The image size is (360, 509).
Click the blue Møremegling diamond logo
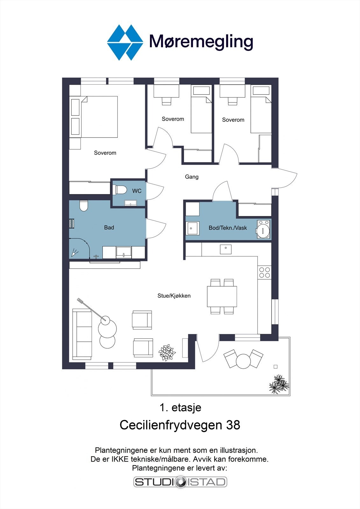tap(125, 43)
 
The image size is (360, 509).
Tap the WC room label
tap(137, 191)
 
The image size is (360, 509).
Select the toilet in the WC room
tap(121, 190)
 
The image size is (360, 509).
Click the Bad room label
tap(109, 227)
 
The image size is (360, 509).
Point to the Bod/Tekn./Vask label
tap(228, 228)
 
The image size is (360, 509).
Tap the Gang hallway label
tap(192, 177)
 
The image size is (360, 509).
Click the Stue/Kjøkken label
tap(174, 296)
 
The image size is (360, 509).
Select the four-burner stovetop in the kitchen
tap(265, 272)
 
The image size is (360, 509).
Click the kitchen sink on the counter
tap(226, 249)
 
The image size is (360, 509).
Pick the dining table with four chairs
tap(222, 296)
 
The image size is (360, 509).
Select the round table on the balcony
tap(243, 361)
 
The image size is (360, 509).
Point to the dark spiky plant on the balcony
tap(279, 384)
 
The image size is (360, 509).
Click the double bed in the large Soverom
tap(94, 117)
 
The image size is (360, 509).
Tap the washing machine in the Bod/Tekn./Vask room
tap(264, 229)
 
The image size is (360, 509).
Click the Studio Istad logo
tap(180, 482)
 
